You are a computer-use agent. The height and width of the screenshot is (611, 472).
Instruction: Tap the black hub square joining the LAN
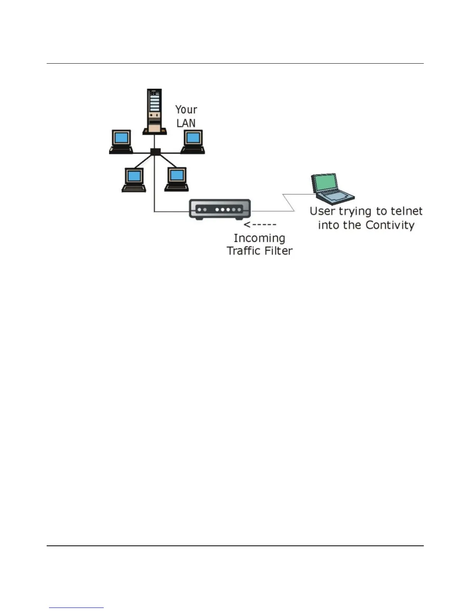[155, 152]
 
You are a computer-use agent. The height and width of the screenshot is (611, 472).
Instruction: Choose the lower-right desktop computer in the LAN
[177, 179]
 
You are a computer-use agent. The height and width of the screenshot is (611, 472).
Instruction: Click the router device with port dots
[220, 209]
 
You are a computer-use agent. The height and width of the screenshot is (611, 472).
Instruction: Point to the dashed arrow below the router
[260, 224]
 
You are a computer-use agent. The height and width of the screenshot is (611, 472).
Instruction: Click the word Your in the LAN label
[186, 110]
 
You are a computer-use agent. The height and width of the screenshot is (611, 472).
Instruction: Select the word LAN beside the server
[186, 123]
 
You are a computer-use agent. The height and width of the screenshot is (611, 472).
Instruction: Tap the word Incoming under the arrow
[259, 239]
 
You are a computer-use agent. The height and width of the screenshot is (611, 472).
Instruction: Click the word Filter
[277, 251]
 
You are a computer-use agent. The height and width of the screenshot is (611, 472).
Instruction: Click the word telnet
[406, 211]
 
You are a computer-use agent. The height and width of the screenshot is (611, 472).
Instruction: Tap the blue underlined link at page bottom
[76, 608]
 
